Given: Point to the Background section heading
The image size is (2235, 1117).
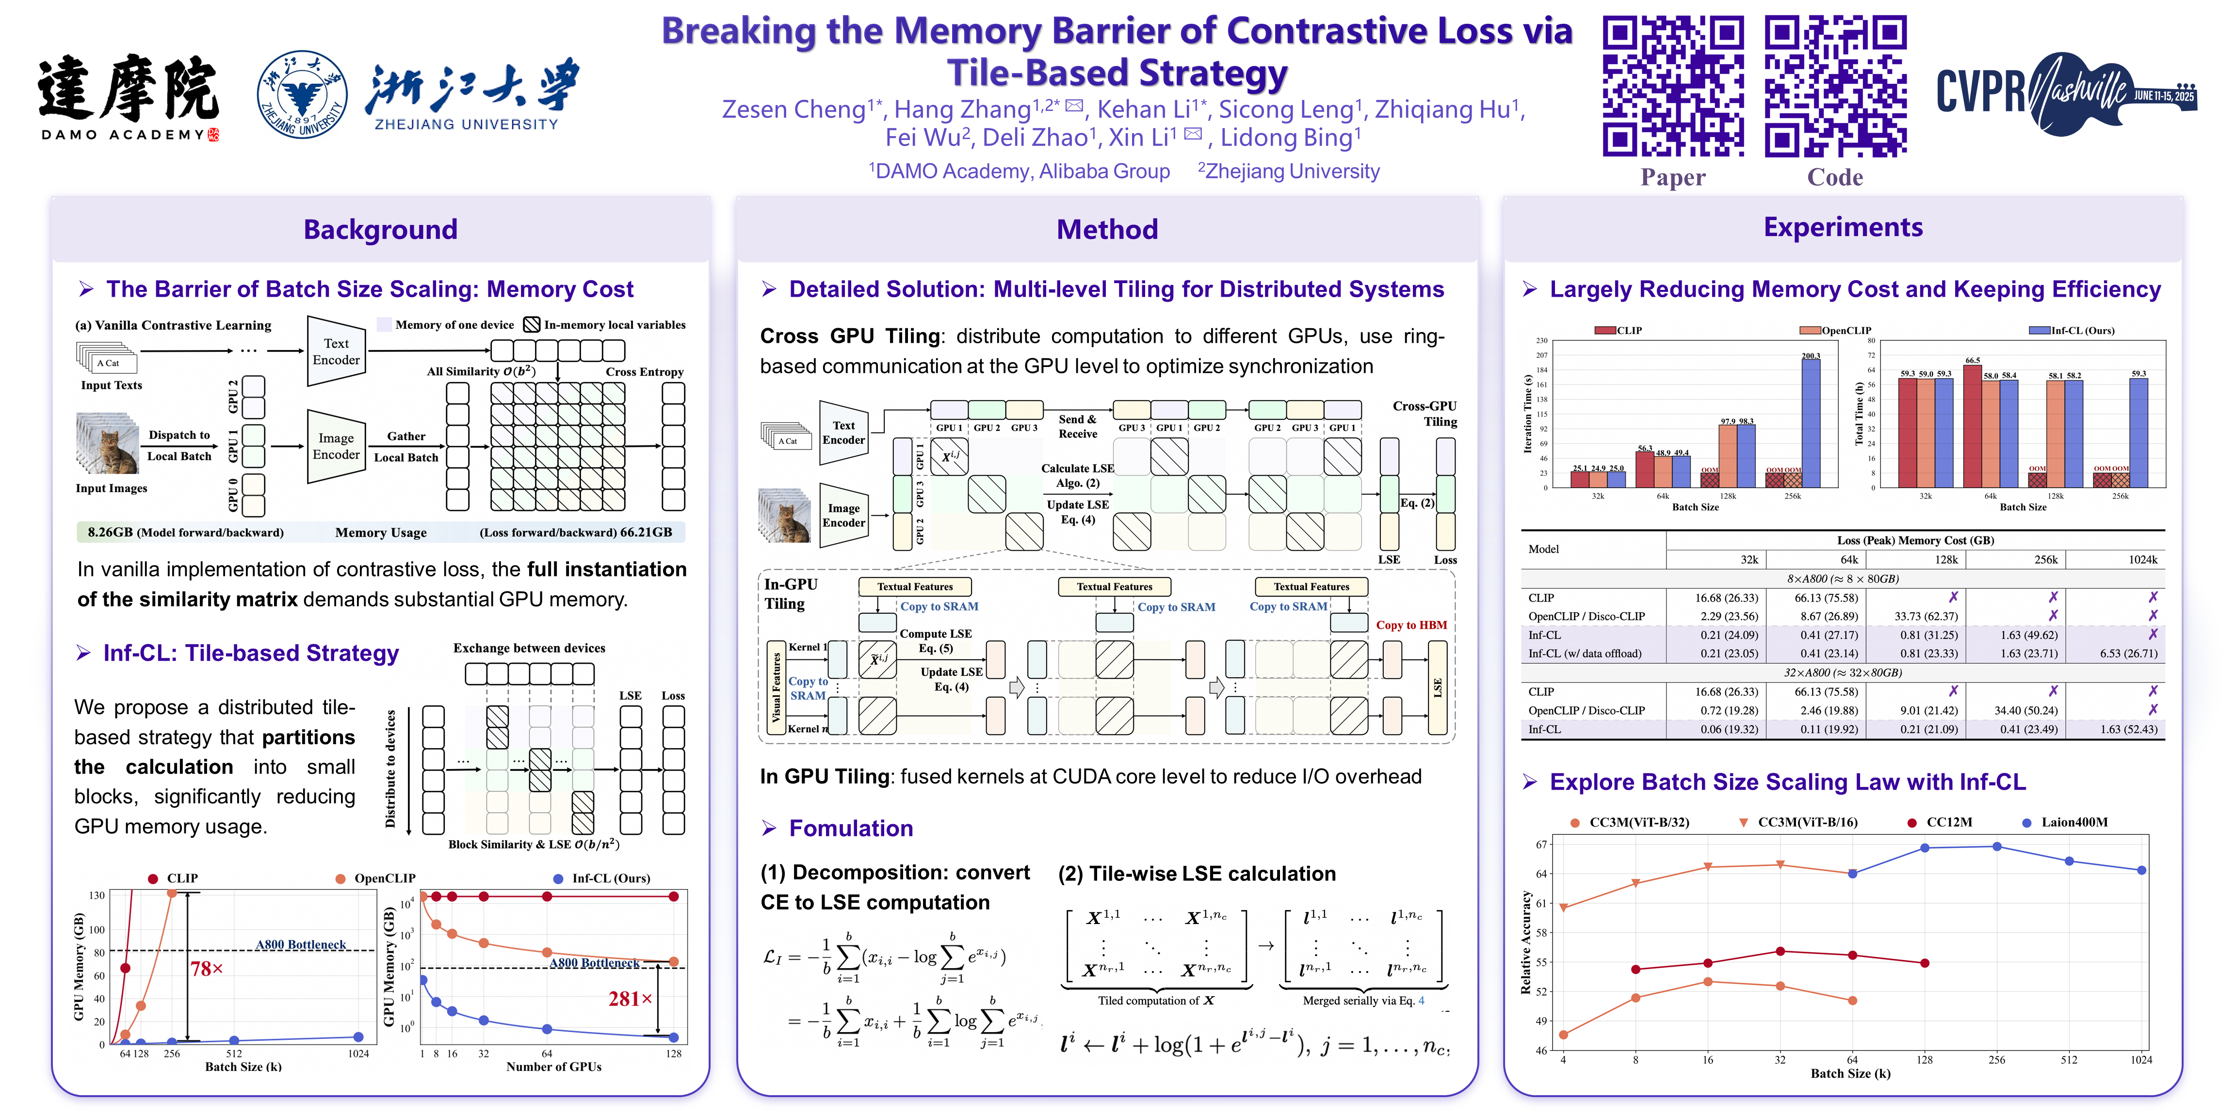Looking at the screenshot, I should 380,229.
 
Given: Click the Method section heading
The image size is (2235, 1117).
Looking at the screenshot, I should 1107,229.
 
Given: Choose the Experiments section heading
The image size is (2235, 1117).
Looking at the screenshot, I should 1843,227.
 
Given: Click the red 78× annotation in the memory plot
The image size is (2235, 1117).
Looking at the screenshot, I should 207,969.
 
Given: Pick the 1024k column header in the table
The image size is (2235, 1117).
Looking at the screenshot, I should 2142,559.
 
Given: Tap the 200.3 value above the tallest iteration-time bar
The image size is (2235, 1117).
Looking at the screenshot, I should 1811,355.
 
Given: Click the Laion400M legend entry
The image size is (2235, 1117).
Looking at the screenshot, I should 2073,822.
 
